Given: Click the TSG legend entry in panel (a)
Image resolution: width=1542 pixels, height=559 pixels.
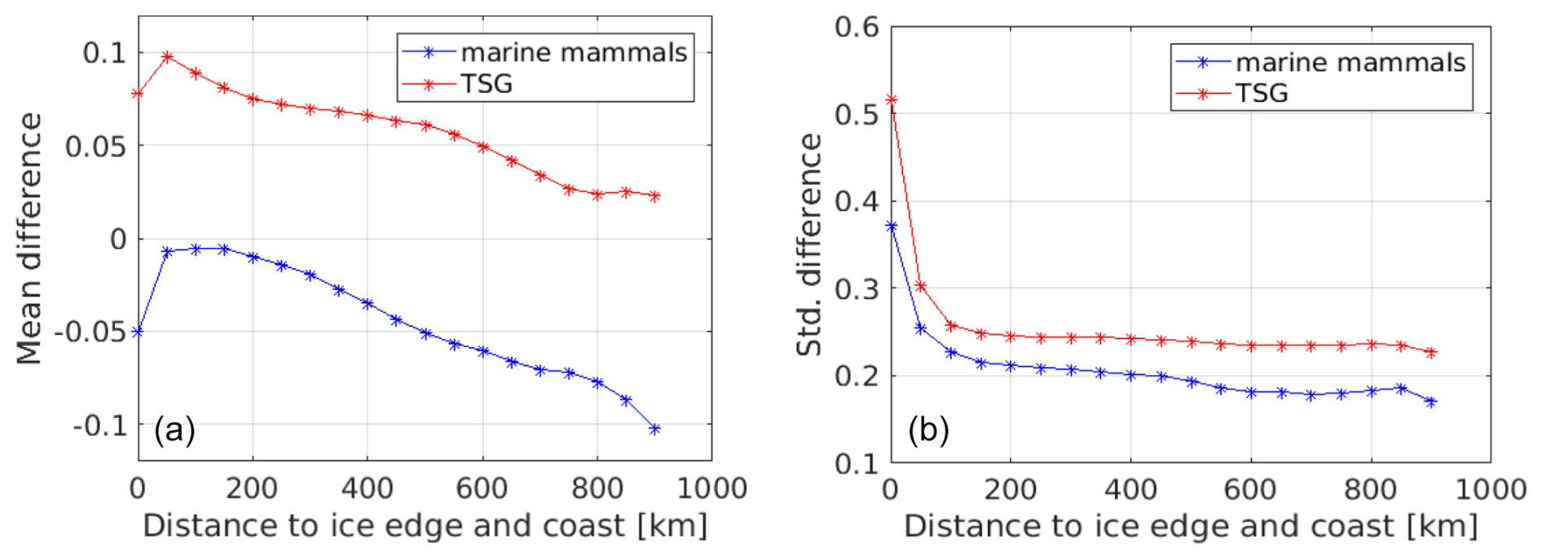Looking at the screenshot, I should pos(486,84).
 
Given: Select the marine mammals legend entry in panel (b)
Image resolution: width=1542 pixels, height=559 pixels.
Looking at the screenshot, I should pos(1350,63).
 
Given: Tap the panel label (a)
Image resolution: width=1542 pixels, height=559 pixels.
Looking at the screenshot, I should pos(174,429).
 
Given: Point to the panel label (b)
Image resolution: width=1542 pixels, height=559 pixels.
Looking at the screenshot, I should pos(928,429).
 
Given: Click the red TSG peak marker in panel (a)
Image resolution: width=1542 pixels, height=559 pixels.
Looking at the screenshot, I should pos(167,57).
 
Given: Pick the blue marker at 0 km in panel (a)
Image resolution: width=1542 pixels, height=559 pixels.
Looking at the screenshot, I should pos(138,332).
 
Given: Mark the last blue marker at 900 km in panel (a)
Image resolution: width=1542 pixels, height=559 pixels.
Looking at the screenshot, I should pos(654,429).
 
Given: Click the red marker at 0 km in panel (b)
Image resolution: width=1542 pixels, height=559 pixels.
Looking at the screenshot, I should pos(891,100).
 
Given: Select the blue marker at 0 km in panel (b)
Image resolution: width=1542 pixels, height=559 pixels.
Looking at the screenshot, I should pos(891,227).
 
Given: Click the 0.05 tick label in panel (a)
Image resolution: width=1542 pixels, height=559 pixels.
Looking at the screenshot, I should pos(95,147).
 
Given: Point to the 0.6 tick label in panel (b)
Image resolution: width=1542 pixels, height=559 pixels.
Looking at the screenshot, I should pos(857,27).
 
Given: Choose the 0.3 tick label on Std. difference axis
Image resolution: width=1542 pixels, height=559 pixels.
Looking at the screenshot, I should pos(857,288).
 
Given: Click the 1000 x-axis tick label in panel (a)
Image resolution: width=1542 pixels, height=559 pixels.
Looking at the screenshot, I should pos(712,489).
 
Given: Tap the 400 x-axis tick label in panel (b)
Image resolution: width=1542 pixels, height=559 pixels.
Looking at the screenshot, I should pos(1130,490).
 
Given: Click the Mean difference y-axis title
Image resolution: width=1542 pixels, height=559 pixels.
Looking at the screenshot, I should pos(29,238).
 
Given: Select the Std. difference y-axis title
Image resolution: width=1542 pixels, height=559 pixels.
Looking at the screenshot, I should pos(809,244).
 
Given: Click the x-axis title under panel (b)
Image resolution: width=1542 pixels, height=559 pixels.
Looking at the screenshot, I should pos(1190,526).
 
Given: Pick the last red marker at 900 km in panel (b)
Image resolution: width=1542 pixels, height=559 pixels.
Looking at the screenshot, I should pos(1431,353).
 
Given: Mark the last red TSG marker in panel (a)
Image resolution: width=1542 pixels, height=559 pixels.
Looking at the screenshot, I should pos(654,196).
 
